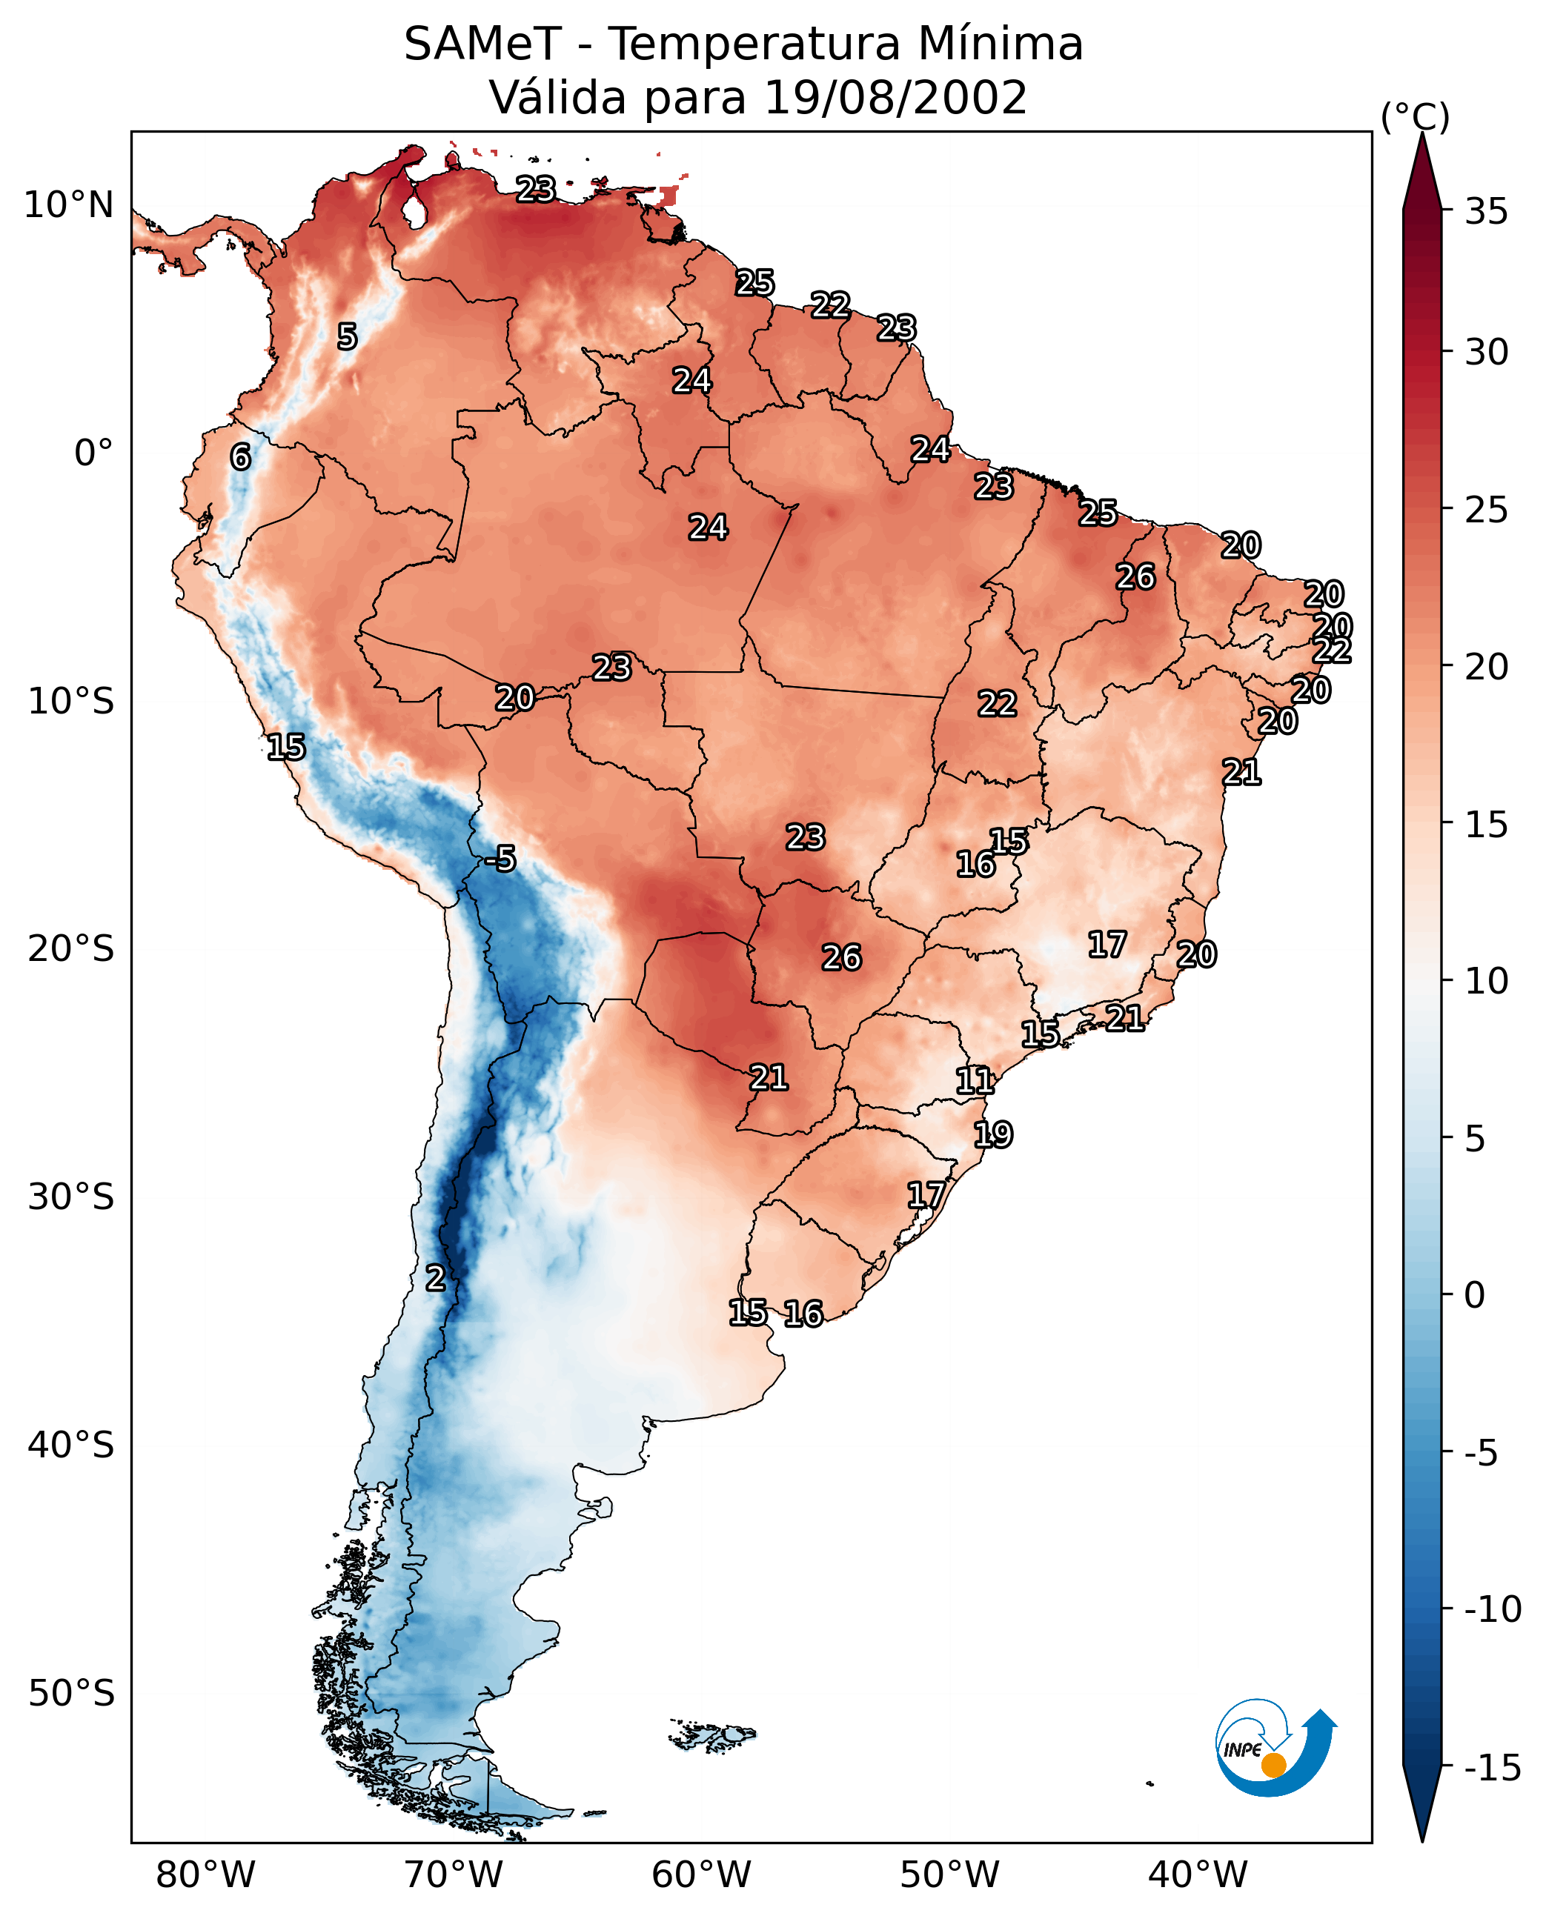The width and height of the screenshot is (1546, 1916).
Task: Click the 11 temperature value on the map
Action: [x=975, y=1081]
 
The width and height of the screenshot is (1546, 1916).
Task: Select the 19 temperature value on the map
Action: [x=993, y=1134]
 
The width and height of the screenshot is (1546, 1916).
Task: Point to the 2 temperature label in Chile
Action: [x=434, y=1279]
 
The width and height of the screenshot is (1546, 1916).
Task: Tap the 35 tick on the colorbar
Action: [x=1486, y=212]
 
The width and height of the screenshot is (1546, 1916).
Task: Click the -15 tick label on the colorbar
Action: [x=1493, y=1769]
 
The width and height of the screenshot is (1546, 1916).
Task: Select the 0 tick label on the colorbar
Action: [x=1475, y=1295]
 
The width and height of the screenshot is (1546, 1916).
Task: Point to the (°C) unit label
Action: [x=1415, y=116]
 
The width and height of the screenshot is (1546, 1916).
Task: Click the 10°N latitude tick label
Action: [x=69, y=206]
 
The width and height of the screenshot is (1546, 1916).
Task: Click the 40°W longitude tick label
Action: [x=1197, y=1875]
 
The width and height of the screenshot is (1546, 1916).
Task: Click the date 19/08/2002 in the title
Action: [x=895, y=97]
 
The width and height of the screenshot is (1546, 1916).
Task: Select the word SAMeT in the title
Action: [x=482, y=44]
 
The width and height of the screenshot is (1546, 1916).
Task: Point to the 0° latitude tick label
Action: [x=93, y=453]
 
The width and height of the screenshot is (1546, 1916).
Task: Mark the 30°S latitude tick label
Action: [x=71, y=1197]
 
